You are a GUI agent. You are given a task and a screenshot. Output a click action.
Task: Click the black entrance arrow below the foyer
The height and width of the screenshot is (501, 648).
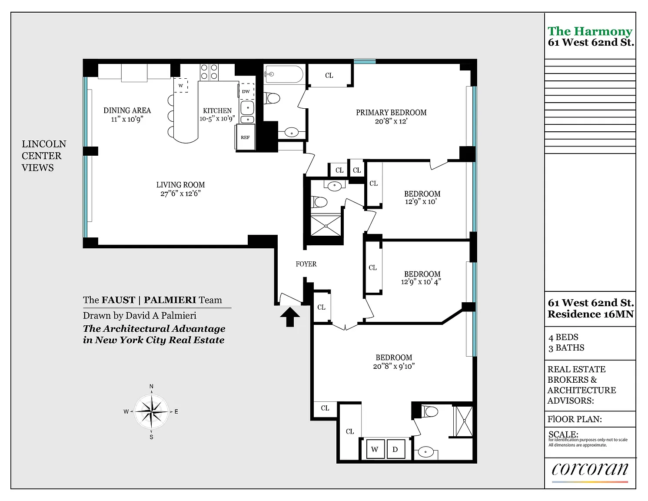pos(290,317)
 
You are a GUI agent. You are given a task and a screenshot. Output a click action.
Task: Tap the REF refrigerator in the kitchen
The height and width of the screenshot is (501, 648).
pos(245,137)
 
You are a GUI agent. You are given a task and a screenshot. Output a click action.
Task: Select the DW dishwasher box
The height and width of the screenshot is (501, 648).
pos(246,91)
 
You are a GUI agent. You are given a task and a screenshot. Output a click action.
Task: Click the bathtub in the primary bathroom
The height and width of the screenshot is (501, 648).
pos(284,74)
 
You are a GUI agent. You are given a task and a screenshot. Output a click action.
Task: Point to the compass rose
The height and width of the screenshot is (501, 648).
pos(152,412)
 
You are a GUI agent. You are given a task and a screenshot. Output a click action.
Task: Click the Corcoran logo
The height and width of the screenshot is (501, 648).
pos(590,470)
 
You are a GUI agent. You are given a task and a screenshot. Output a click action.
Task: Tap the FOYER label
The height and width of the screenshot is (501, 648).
pos(306,264)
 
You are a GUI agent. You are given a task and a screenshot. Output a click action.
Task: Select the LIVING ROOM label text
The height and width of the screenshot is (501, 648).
pos(180,185)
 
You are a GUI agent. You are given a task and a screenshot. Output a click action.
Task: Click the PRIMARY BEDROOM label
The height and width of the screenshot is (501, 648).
pos(391,113)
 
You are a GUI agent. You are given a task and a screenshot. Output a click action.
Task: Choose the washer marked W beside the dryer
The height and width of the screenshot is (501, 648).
pos(375,449)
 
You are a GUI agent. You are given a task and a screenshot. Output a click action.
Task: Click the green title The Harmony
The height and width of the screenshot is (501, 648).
pos(590,31)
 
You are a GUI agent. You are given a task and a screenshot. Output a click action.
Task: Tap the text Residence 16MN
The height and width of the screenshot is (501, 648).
pos(591,314)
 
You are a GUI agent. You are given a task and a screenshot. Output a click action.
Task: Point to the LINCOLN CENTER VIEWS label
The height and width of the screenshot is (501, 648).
pos(43,156)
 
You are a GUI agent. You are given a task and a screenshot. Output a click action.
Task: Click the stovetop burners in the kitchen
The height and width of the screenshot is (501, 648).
pos(209,72)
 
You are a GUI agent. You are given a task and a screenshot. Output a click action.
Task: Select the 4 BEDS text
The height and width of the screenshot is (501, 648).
pos(563,337)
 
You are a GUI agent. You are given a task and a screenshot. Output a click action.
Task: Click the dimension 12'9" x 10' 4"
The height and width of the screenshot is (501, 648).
pos(421,282)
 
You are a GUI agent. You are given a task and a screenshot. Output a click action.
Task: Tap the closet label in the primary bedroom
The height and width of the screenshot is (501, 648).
pos(329,76)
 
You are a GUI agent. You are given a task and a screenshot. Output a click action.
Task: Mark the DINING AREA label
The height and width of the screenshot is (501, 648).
pos(127,110)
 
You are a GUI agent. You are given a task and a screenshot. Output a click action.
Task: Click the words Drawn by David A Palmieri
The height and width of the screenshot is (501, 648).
pos(140,315)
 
